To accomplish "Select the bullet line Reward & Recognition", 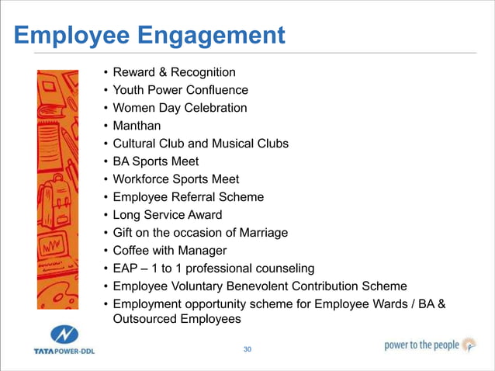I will point(174,72).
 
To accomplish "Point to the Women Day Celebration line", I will point(180,108).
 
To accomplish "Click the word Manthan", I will point(138,126).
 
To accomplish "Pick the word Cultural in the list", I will point(136,144).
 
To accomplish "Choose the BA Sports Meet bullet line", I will point(156,161).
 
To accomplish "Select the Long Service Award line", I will point(168,215).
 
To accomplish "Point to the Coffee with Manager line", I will point(170,251).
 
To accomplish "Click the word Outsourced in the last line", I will point(147,319).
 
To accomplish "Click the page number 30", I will point(247,350).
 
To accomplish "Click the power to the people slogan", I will point(422,345).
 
